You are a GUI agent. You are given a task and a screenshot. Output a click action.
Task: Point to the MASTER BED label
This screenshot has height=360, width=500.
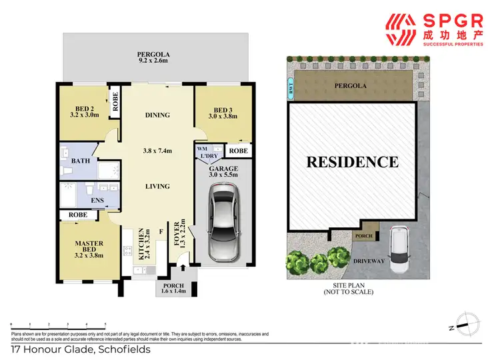(x=88, y=249)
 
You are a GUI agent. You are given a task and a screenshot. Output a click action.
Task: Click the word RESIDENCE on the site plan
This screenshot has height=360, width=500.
(x=353, y=161)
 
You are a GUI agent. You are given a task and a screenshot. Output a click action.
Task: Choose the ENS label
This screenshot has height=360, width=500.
(x=87, y=199)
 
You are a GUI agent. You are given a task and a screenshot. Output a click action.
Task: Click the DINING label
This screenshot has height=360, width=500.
(x=158, y=115)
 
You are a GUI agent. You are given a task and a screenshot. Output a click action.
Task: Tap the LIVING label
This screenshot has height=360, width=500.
(x=158, y=187)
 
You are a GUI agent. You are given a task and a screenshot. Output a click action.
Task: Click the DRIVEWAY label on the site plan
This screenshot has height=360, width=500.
(x=369, y=261)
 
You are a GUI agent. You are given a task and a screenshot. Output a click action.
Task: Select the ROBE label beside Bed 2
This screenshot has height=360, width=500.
(x=114, y=103)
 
